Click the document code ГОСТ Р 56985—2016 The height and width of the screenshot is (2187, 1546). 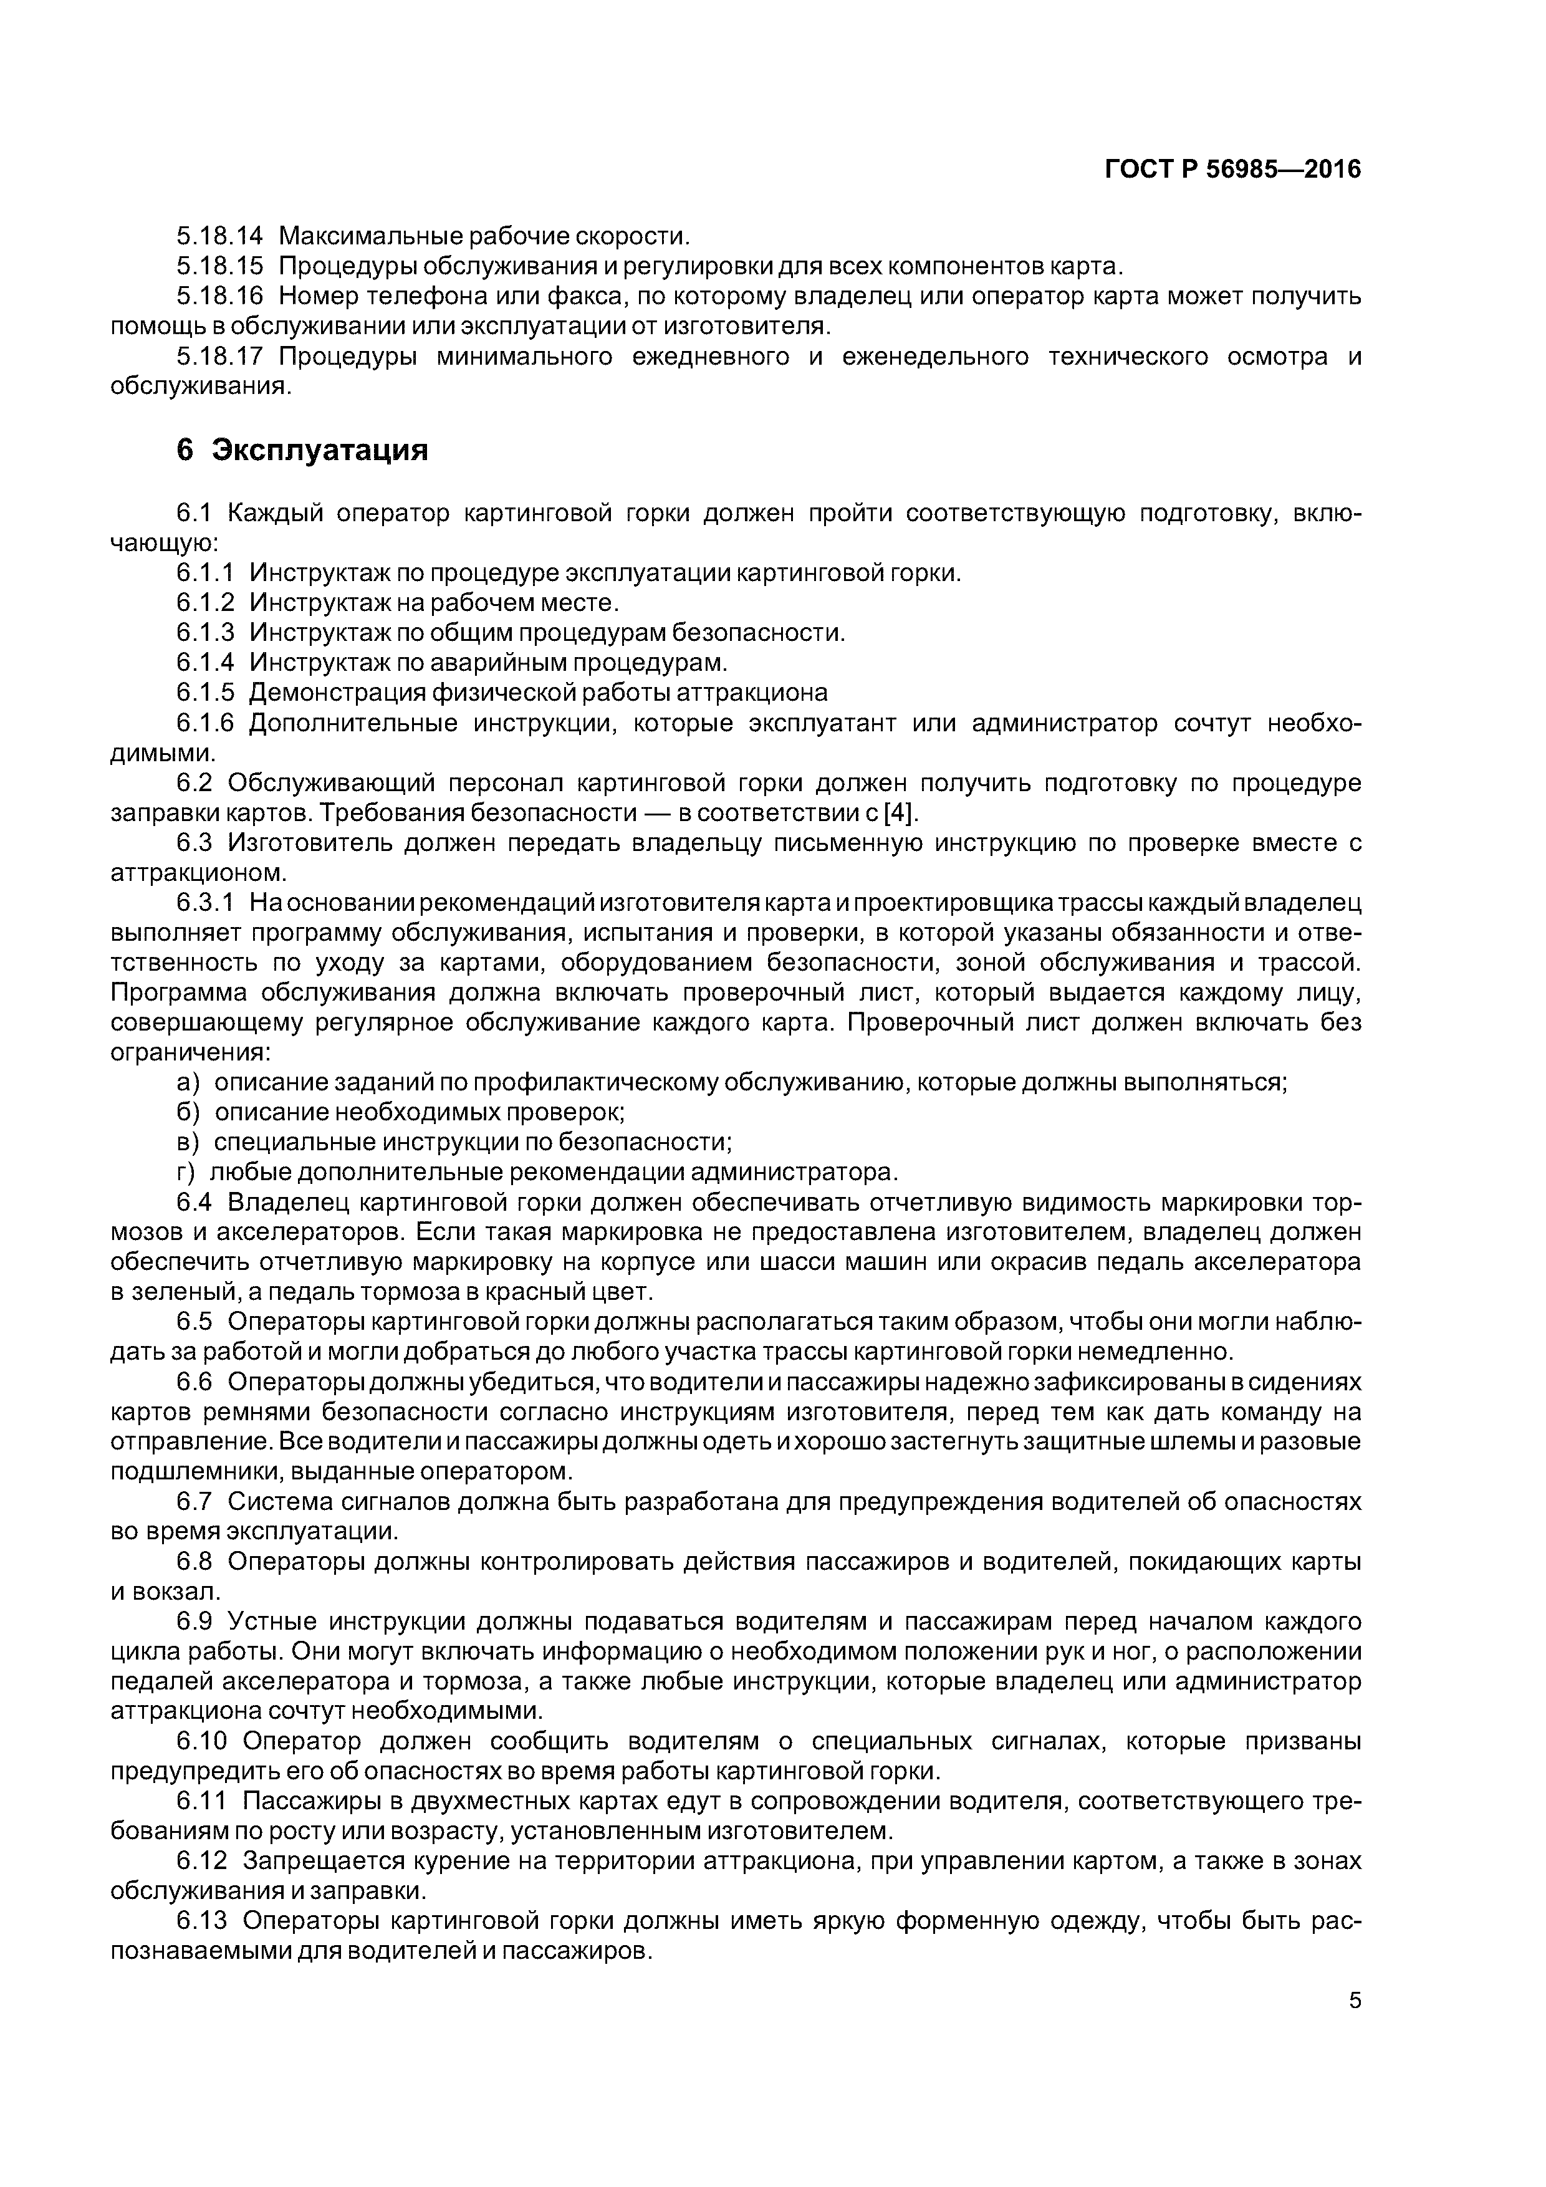pos(1232,170)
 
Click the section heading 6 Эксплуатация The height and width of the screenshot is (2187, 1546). pos(301,449)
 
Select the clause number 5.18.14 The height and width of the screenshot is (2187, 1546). pos(219,235)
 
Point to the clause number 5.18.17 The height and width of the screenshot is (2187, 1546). pos(219,357)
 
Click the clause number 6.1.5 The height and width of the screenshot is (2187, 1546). pos(205,693)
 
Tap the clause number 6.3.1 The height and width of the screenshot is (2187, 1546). pos(205,902)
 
